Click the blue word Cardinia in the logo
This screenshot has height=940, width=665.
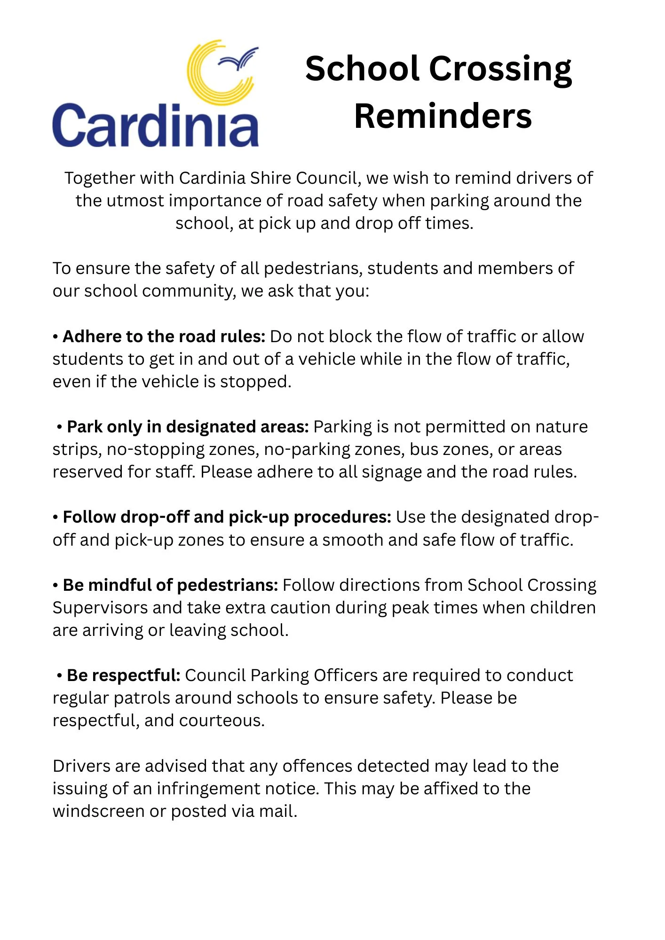click(x=155, y=126)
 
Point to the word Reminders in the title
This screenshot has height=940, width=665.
click(x=443, y=116)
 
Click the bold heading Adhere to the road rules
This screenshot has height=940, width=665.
click(x=164, y=337)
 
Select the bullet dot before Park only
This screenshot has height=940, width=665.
click(x=60, y=427)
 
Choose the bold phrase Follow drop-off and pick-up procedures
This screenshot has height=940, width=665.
click(x=227, y=517)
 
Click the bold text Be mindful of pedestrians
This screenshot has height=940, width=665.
click(x=170, y=585)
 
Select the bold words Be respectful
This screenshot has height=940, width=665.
click(x=123, y=675)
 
